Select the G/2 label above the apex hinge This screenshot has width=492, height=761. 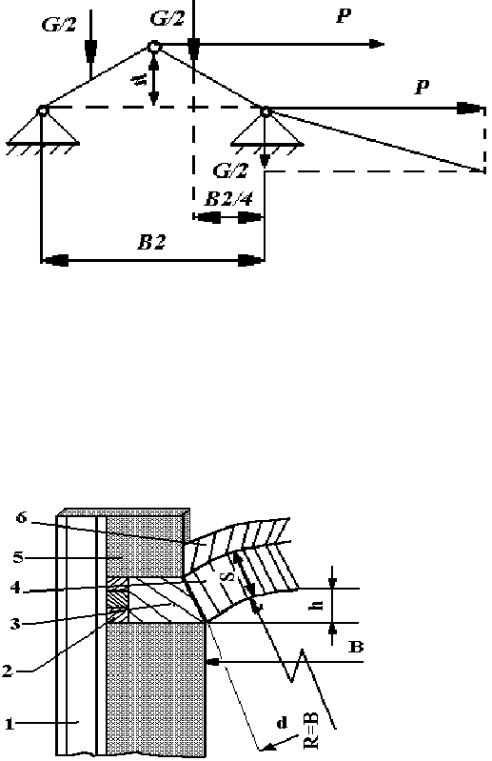coord(167,18)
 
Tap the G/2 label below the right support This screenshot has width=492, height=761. coord(230,170)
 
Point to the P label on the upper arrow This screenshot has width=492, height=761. coord(344,16)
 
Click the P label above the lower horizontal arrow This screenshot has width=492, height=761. coord(423,87)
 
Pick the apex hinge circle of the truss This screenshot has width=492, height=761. coord(153,47)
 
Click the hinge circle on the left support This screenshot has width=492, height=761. coord(43,110)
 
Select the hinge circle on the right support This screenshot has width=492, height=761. coord(266,112)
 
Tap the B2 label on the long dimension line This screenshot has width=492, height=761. coord(151,241)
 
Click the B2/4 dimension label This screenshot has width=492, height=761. coord(228,198)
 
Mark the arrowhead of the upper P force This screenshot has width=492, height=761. coord(377,44)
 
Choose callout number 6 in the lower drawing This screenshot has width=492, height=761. coord(21,517)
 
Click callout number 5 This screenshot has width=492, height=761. coord(18,556)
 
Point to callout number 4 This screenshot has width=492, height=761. coord(15,588)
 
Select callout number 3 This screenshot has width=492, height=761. coord(16,624)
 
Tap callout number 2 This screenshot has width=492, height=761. coord(7,671)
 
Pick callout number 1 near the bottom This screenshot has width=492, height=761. coord(9,725)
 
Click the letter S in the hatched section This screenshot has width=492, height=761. coord(230,575)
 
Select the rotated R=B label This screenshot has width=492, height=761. coord(312,733)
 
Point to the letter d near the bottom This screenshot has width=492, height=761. coord(282,724)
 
